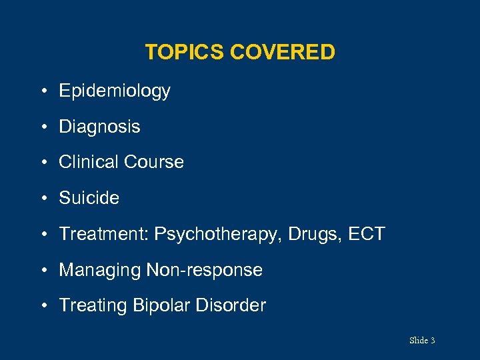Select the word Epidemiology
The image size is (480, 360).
pos(115,91)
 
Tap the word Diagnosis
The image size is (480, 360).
pos(99,127)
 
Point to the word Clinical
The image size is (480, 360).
pos(89,162)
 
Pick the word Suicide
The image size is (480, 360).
pos(89,198)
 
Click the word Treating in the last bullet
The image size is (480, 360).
pos(93,306)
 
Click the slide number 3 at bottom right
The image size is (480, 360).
pos(433,341)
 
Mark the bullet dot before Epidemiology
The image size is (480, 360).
pos(43,91)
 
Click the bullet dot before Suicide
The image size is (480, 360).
pos(43,199)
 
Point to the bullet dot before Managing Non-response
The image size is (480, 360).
pos(43,271)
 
